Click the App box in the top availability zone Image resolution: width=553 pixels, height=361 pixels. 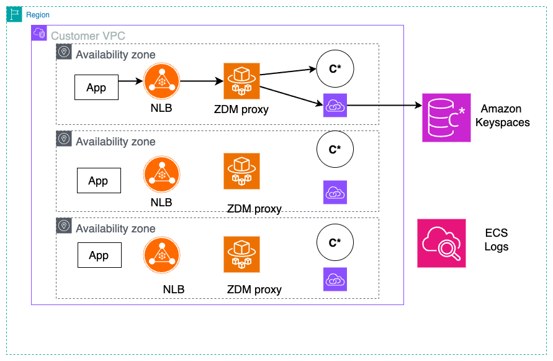(x=96, y=88)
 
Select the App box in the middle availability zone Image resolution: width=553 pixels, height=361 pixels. (x=98, y=181)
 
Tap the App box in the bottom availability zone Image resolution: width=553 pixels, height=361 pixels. (x=99, y=255)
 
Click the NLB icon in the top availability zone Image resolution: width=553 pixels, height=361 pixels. (x=161, y=81)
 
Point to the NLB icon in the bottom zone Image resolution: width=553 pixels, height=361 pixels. (x=161, y=256)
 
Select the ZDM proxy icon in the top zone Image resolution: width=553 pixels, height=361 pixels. (x=242, y=81)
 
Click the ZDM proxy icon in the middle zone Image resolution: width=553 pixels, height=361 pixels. (x=242, y=171)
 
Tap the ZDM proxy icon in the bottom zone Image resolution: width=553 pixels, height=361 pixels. (x=242, y=254)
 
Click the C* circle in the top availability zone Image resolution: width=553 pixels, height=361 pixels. (x=335, y=68)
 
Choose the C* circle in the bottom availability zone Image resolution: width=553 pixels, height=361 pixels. (x=335, y=242)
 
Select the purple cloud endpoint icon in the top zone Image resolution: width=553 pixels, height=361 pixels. (x=335, y=106)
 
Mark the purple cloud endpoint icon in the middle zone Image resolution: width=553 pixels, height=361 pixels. (x=335, y=192)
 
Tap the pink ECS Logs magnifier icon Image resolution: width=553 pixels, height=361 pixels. (x=441, y=243)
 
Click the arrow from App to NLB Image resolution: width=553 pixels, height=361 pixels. (x=131, y=81)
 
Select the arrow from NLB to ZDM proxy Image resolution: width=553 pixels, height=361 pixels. (x=202, y=81)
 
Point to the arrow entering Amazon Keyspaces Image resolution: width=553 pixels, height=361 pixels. (x=385, y=106)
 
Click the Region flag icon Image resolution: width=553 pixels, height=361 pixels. (x=15, y=15)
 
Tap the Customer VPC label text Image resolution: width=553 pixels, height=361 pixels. (x=88, y=36)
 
